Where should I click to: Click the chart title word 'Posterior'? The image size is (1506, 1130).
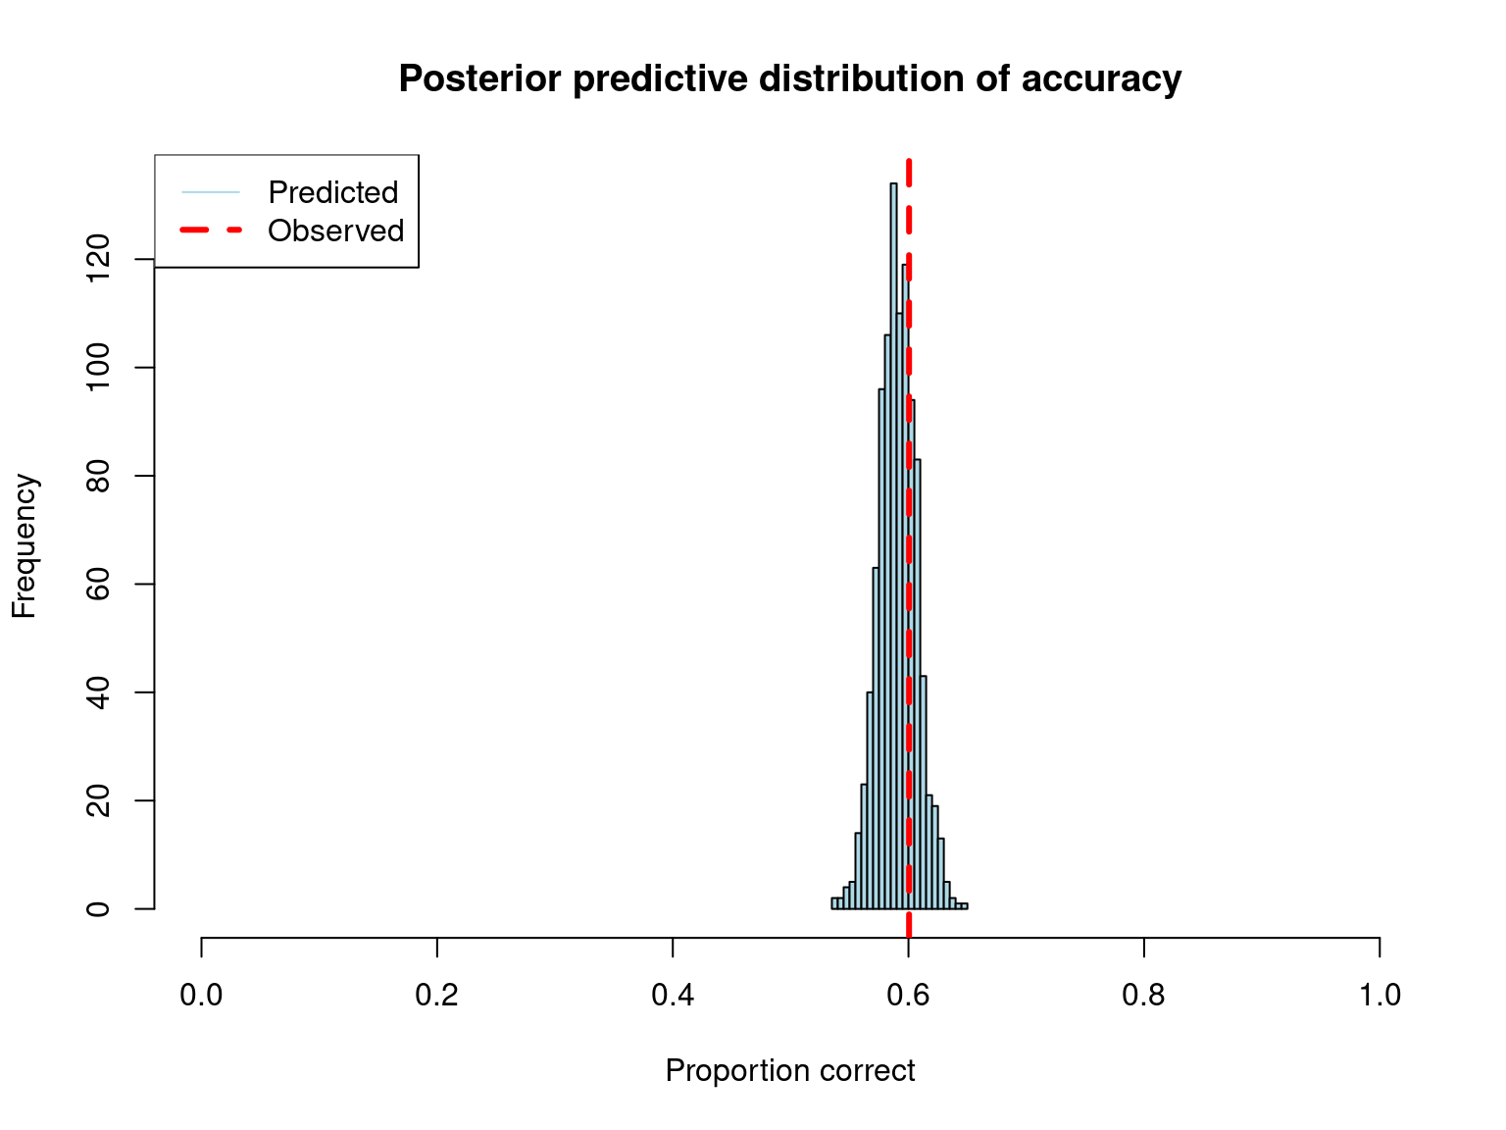pos(480,78)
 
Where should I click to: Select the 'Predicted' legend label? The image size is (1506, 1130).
pos(333,192)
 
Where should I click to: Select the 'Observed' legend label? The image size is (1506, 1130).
pos(336,231)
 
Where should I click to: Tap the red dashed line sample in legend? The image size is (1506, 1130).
pos(211,231)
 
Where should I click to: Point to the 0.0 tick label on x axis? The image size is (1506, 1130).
pos(201,996)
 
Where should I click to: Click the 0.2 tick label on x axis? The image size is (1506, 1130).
pos(437,996)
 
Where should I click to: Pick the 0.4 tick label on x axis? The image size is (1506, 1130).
pos(673,996)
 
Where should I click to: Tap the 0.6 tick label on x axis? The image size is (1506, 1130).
pos(909,996)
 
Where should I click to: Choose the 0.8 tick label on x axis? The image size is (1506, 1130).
pos(1144,996)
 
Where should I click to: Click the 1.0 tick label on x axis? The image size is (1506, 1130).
pos(1380,996)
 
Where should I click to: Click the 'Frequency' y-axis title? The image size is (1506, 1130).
pos(24,545)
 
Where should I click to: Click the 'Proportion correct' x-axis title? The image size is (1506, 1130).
pos(790,1070)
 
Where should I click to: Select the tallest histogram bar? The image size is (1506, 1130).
pos(893,549)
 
